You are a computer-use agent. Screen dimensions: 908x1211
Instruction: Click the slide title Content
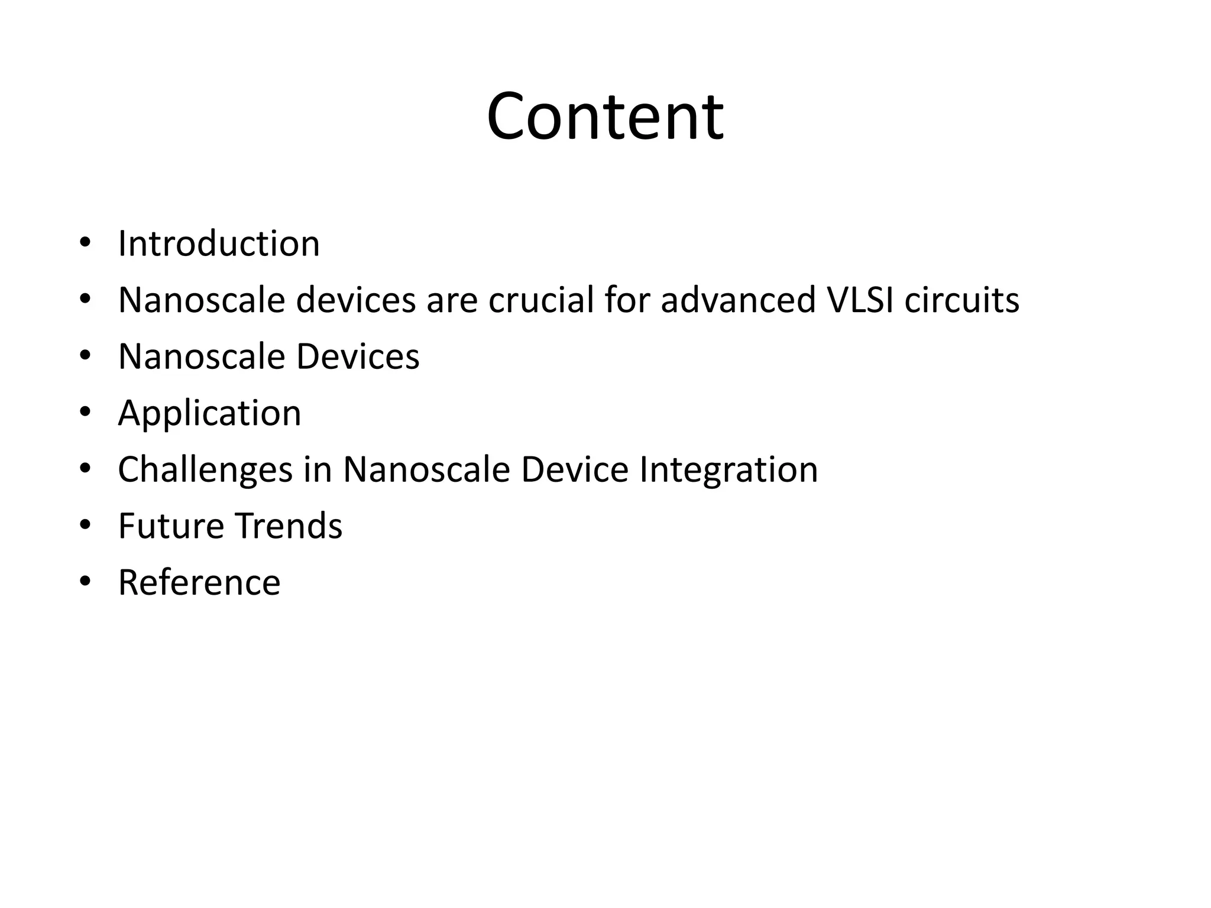[x=605, y=116]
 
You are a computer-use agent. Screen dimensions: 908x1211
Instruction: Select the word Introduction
[x=219, y=244]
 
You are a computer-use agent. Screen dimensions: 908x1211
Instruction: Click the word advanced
[x=737, y=300]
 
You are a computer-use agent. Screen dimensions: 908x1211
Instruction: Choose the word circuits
[x=962, y=300]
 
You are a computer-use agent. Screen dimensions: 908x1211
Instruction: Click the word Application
[x=209, y=413]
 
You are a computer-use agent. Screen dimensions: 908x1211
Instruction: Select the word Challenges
[x=205, y=470]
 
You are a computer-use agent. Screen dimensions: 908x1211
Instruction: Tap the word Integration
[x=728, y=470]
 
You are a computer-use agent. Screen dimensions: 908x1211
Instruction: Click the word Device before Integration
[x=574, y=470]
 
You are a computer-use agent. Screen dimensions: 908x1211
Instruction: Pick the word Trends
[x=288, y=526]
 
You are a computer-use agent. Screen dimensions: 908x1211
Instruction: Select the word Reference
[x=199, y=583]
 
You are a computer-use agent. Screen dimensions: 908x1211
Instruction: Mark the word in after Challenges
[x=318, y=470]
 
